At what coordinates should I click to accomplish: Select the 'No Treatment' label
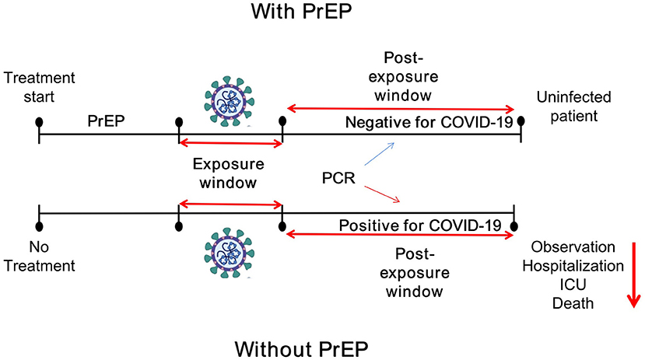(39, 258)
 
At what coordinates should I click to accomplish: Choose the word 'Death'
(573, 303)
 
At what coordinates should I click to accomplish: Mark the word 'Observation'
(573, 247)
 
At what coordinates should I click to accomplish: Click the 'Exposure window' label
(229, 175)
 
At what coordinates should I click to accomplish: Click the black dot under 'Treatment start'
(39, 122)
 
